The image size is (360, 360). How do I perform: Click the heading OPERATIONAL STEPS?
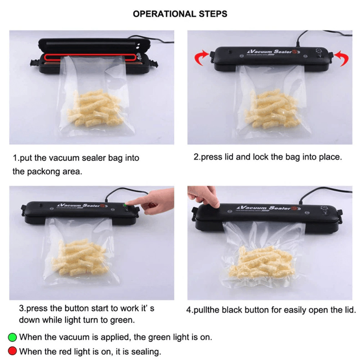pyautogui.click(x=180, y=14)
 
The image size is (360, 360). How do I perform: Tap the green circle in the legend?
pyautogui.click(x=13, y=337)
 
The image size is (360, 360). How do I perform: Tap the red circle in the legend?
pyautogui.click(x=13, y=351)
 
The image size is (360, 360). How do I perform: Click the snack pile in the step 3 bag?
pyautogui.click(x=81, y=257)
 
